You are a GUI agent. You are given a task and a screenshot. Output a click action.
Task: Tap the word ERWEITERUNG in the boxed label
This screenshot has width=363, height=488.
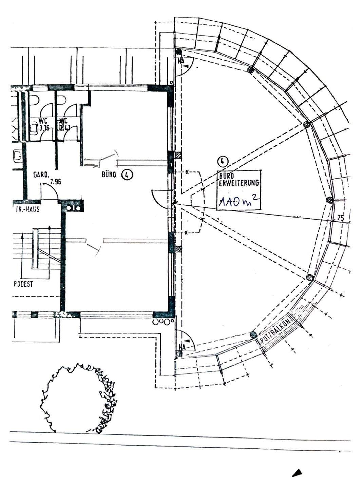click(240, 183)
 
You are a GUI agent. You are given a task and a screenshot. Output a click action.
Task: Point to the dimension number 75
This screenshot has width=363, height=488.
click(340, 219)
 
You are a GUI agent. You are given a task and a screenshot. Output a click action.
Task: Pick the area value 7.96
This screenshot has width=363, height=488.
click(55, 182)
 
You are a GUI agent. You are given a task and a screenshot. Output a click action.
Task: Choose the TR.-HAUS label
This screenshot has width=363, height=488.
click(27, 209)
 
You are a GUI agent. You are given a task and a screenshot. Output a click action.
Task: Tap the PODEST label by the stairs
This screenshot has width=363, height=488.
click(23, 284)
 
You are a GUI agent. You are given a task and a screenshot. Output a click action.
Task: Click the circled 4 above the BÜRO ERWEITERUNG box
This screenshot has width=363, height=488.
click(222, 161)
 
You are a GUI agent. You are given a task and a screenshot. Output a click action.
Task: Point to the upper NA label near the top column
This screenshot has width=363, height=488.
click(181, 62)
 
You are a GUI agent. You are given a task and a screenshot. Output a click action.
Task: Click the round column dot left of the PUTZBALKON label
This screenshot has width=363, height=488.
click(253, 335)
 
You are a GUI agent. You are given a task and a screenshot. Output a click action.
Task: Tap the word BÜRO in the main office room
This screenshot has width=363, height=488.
click(109, 175)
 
